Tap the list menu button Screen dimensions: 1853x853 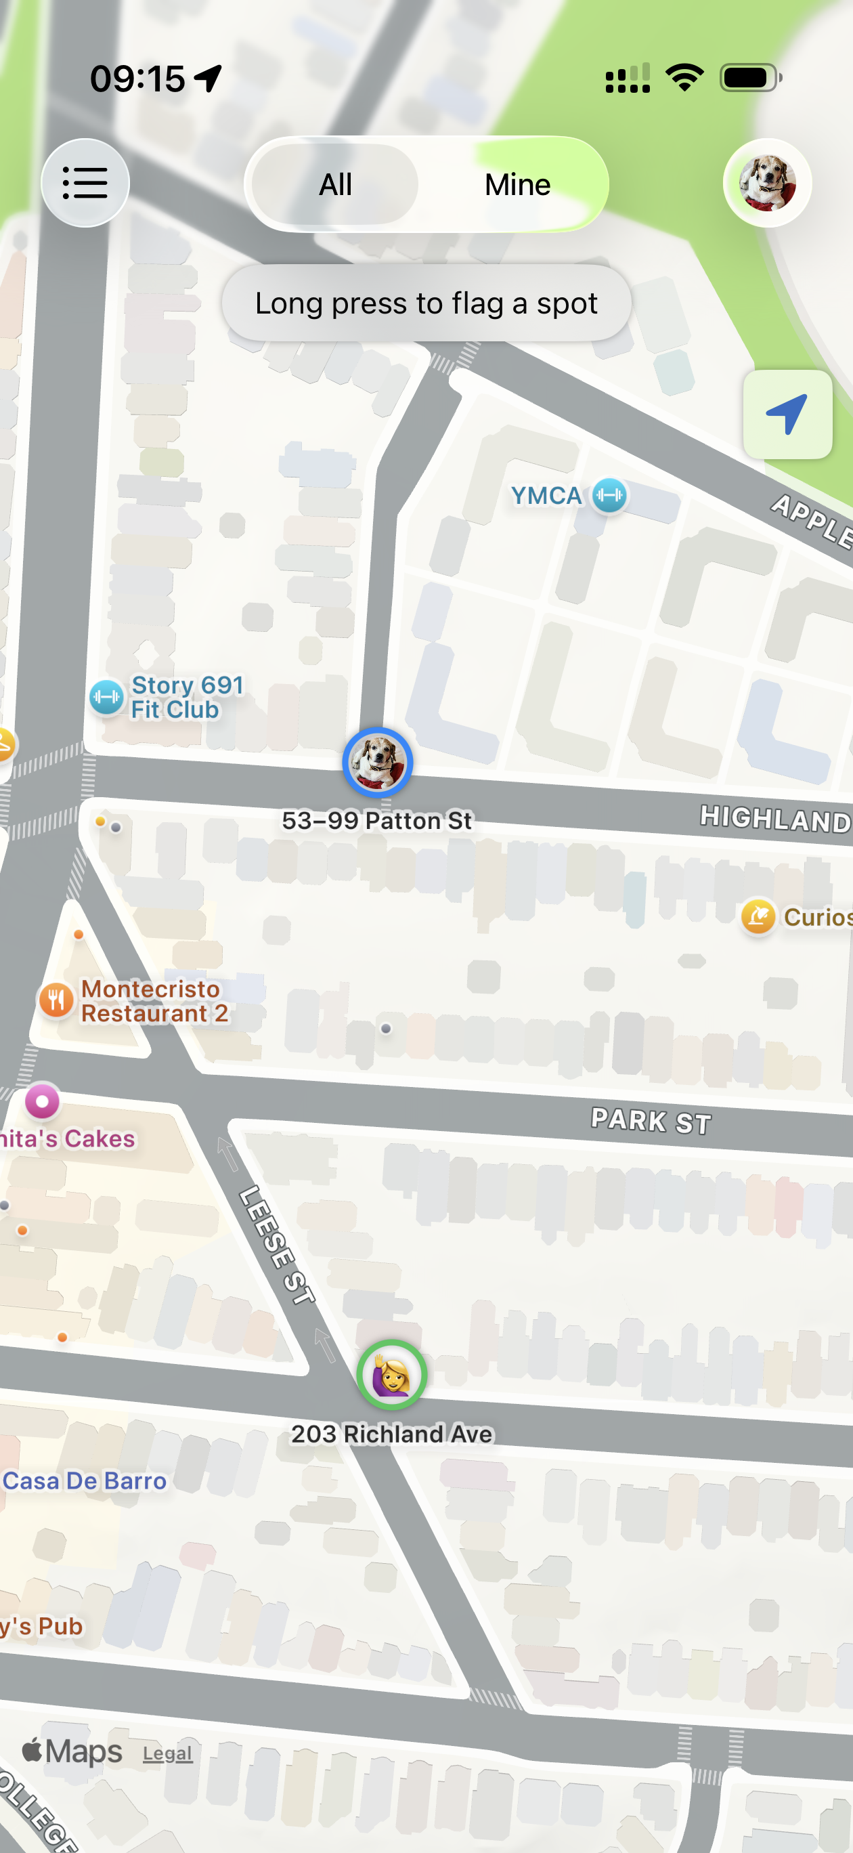85,183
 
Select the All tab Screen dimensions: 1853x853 335,185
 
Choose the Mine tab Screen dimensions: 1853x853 517,185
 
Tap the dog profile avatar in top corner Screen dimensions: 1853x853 767,183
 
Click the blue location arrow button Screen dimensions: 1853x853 787,414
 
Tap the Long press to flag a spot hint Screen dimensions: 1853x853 426,303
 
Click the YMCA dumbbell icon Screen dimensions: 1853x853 609,496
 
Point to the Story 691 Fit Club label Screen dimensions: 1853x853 186,697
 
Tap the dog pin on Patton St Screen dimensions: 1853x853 377,762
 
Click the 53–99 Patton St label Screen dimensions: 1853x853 377,820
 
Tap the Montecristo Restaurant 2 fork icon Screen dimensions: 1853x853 56,1000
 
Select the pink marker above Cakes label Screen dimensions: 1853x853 43,1101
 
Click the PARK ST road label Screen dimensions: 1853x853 651,1120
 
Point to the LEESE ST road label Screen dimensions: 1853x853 277,1245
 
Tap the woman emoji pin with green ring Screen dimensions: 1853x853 391,1375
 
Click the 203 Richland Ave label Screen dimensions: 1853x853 392,1434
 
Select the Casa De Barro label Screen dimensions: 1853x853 84,1481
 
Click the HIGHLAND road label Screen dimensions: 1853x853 775,819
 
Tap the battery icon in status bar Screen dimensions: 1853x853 749,78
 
